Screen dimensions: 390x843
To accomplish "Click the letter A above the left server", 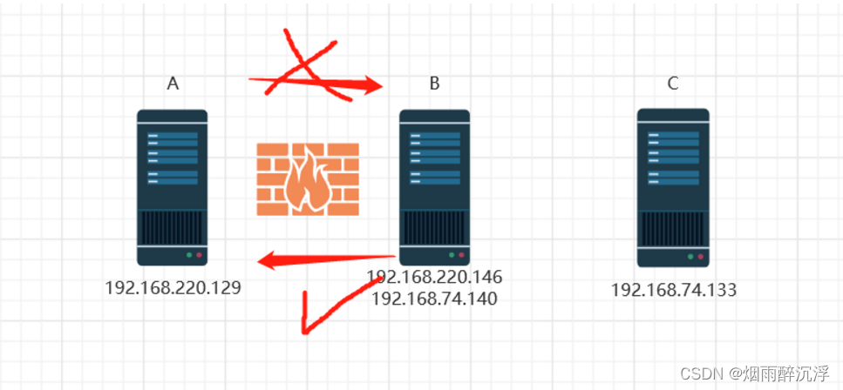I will coord(173,84).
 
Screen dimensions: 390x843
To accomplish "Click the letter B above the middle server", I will coord(434,84).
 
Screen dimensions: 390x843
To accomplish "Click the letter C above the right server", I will coord(672,84).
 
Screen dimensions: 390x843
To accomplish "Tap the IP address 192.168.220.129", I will coord(173,287).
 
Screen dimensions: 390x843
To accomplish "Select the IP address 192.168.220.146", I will coord(434,277).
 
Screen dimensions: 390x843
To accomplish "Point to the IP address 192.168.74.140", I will coord(434,299).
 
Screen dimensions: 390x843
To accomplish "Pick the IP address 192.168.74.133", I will coord(673,290).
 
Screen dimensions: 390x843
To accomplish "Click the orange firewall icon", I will coord(308,178).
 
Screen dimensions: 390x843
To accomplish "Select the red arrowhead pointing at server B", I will coord(370,85).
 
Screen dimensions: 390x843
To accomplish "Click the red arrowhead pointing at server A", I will coord(269,259).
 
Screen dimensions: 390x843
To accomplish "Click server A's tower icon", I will coord(173,186).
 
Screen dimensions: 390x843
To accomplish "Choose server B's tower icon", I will coord(434,186).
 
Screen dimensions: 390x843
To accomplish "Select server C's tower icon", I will coord(672,186).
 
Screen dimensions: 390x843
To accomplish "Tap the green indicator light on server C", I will coord(690,257).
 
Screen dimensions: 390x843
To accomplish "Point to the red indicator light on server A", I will coord(199,256).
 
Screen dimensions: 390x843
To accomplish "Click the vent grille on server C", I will coord(672,228).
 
